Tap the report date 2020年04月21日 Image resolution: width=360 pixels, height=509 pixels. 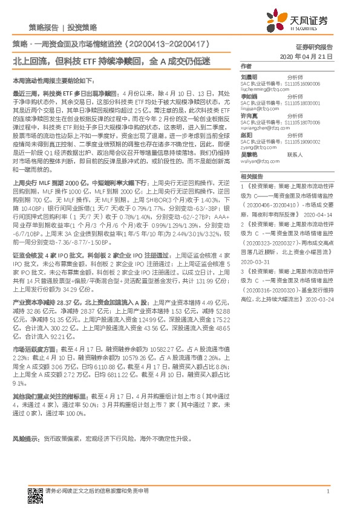click(307, 56)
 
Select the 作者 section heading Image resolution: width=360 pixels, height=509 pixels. click(246, 66)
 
